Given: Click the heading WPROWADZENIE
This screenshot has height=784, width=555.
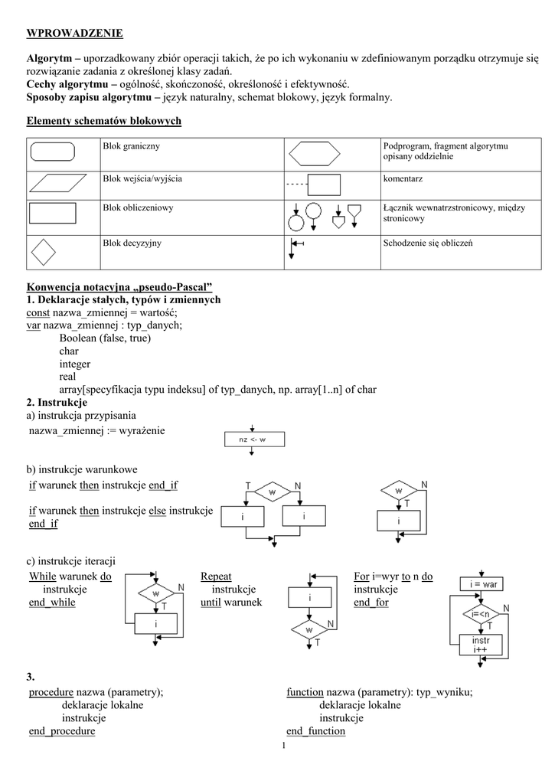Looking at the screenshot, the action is click(x=74, y=34).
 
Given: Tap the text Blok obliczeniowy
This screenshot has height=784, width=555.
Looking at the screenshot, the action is click(x=138, y=207).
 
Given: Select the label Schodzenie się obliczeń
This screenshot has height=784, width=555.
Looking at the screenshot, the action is click(x=428, y=243).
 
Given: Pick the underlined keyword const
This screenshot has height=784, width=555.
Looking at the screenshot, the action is click(x=38, y=312).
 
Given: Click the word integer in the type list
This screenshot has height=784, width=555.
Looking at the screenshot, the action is click(x=75, y=364).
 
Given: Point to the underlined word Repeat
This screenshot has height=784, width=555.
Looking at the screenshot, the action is click(x=216, y=577).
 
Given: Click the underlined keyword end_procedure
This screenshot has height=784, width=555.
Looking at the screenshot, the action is click(x=62, y=731).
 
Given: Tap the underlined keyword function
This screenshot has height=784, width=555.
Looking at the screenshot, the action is click(x=305, y=692).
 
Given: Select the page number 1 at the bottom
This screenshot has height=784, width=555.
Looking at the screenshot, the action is click(x=284, y=746).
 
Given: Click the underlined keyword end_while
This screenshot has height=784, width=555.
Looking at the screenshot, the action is click(x=52, y=602).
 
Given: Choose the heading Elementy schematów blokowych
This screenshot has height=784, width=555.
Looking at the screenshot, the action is click(x=104, y=121).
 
